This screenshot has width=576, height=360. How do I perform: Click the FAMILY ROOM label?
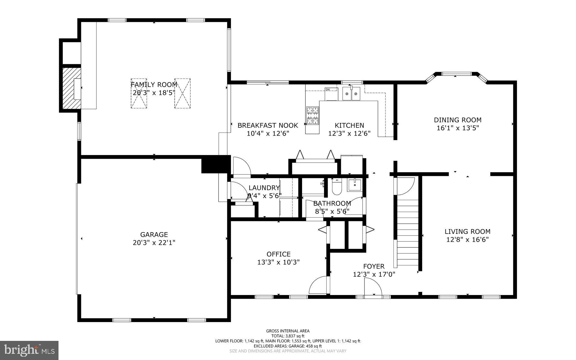154,85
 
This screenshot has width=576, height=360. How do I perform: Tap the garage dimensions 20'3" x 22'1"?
154,243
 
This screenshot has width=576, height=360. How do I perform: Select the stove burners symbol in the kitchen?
313,116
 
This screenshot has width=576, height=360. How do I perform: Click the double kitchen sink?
351,94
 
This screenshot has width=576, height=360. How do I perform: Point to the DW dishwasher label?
328,90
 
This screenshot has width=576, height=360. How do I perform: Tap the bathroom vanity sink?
355,185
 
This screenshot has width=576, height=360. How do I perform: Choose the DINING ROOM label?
458,120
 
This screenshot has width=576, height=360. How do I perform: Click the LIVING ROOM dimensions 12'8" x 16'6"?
467,240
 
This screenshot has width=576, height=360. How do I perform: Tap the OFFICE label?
278,254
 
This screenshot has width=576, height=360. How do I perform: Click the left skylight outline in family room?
139,93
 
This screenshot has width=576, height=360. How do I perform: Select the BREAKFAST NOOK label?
268,126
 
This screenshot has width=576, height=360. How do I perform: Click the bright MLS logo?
29,350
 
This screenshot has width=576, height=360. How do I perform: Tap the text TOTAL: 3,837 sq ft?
288,336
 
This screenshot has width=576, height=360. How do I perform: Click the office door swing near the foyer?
319,286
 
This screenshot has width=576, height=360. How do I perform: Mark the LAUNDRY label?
264,188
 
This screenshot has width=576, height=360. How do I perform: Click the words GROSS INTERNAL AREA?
288,331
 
